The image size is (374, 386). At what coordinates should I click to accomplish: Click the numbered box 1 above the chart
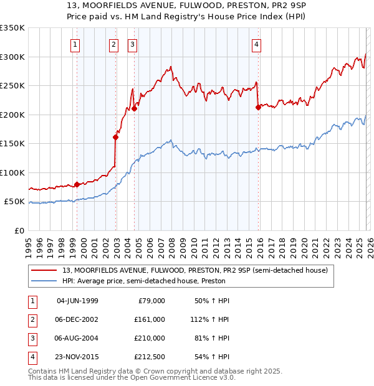click(x=75, y=44)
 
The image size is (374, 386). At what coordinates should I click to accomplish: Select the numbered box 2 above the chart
click(x=114, y=44)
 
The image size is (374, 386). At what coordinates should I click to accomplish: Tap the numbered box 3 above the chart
click(x=133, y=44)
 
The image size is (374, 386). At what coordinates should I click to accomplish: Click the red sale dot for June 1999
click(x=77, y=184)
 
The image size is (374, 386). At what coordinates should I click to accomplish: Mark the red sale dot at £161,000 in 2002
click(x=115, y=137)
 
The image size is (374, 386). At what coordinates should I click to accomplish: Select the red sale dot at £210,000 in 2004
click(x=134, y=108)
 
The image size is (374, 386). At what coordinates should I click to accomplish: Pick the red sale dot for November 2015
click(x=258, y=107)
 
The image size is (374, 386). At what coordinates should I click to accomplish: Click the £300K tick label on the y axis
click(x=12, y=57)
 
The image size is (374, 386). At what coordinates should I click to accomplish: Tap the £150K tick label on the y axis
click(x=12, y=144)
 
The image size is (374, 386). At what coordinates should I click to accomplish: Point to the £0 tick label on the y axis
click(x=19, y=230)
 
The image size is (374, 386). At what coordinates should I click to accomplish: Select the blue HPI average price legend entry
click(x=143, y=281)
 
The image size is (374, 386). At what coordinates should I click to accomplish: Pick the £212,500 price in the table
click(x=150, y=357)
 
